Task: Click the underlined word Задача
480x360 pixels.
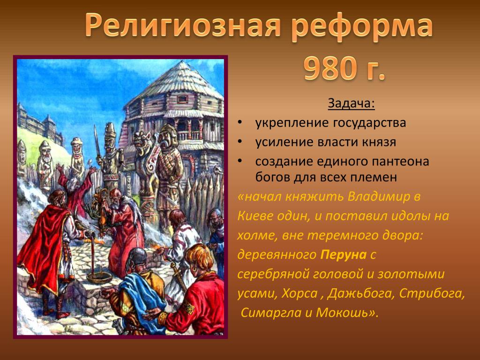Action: click(x=351, y=104)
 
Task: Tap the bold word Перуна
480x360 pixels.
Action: click(x=343, y=255)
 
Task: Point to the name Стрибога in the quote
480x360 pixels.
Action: click(x=432, y=293)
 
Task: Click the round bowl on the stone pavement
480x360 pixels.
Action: click(x=99, y=277)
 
